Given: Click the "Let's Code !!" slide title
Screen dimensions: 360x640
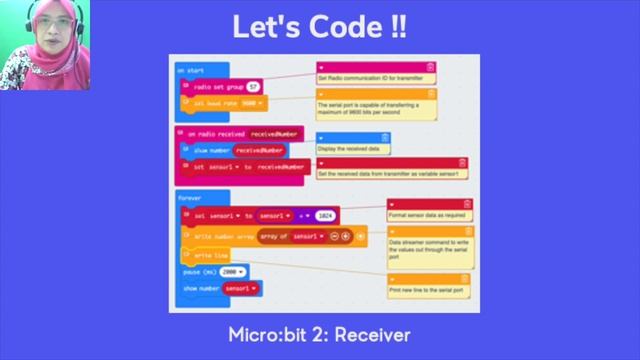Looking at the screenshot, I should tap(320, 27).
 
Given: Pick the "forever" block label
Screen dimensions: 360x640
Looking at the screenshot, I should tap(190, 198).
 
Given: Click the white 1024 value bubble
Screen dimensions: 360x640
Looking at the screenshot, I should tap(324, 215).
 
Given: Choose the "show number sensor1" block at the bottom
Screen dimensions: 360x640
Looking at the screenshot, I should tap(220, 288).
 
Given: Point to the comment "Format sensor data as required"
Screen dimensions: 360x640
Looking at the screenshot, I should tap(428, 214).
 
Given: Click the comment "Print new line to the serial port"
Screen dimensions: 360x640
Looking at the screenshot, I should tap(428, 290).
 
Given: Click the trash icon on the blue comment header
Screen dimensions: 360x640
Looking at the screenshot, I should tap(384, 137).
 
